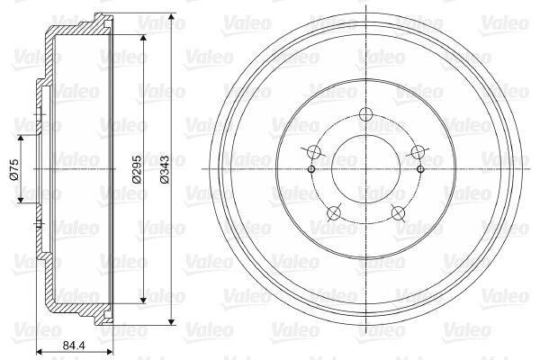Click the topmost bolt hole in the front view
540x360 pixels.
(364, 115)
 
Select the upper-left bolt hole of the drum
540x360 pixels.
(313, 152)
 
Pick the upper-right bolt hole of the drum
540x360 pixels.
(416, 152)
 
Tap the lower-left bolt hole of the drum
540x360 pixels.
(333, 212)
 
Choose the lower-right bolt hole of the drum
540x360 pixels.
(396, 212)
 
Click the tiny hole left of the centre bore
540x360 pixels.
(310, 168)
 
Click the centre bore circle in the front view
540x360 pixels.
(364, 168)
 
